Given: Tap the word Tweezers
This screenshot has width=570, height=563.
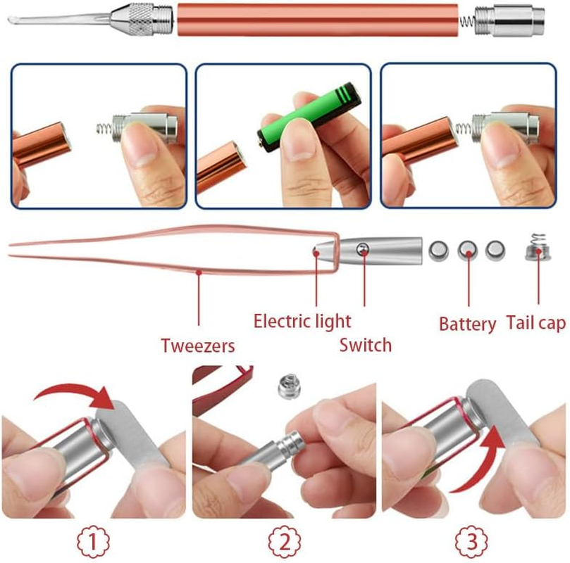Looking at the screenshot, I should tap(197, 346).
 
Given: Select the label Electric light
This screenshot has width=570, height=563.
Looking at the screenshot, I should tap(302, 322).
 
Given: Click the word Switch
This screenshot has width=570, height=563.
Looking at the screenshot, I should tap(365, 345).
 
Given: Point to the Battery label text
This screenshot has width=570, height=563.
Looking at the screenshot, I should tap(467, 324).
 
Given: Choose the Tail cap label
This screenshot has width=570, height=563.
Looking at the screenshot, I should tap(535, 323).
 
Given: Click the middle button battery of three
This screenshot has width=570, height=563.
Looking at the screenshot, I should tap(468, 248).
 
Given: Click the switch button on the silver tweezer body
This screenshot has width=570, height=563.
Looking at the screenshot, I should tap(363, 248).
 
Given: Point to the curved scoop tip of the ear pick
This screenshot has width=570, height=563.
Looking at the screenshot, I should tap(14, 20).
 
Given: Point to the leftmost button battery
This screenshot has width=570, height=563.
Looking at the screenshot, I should tap(440, 248).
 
